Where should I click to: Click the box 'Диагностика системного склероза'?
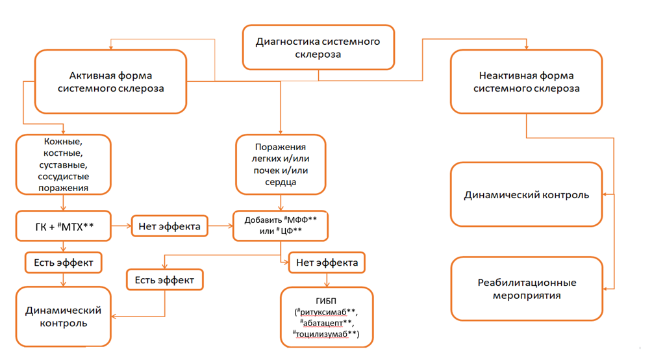[x=318, y=47]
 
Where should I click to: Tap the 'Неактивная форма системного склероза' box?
[x=526, y=81]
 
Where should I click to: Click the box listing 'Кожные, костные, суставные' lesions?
[x=63, y=164]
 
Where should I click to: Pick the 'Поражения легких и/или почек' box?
[x=281, y=164]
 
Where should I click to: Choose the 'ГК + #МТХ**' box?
[x=64, y=227]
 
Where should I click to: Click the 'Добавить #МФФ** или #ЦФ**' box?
[x=281, y=226]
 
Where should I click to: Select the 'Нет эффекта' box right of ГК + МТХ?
[x=169, y=227]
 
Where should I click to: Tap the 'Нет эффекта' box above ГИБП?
[x=327, y=263]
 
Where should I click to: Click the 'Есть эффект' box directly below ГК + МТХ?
[x=64, y=263]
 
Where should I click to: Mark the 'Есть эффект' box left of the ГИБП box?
[x=164, y=280]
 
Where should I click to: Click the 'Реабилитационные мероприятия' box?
[x=526, y=289]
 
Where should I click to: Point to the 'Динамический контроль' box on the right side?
[x=526, y=194]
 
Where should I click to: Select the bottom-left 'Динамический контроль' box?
[x=64, y=316]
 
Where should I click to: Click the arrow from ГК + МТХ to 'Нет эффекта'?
[x=121, y=227]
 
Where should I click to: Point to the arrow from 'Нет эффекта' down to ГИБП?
[x=327, y=280]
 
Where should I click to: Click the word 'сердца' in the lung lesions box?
[x=281, y=182]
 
